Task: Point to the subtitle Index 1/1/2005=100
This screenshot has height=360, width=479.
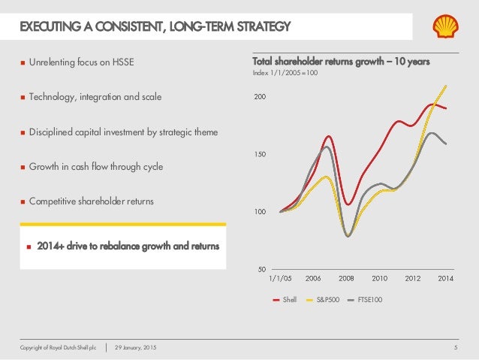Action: pyautogui.click(x=288, y=74)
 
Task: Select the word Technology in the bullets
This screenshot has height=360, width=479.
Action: pyautogui.click(x=52, y=97)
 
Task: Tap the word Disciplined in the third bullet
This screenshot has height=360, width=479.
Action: pyautogui.click(x=52, y=132)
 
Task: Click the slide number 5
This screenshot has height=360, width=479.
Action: pyautogui.click(x=456, y=347)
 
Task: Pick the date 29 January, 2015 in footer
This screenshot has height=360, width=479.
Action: pyautogui.click(x=137, y=347)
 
